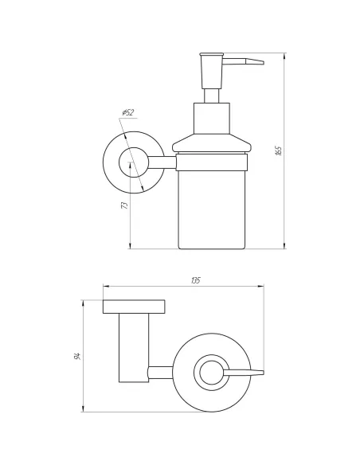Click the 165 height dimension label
point(278,151)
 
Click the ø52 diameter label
point(128,113)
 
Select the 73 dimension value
point(125,205)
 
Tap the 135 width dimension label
point(195,280)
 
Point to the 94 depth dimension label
point(77,356)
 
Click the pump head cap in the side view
point(212,71)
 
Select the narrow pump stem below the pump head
point(211,96)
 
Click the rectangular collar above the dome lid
point(212,119)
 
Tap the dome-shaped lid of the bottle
point(212,143)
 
